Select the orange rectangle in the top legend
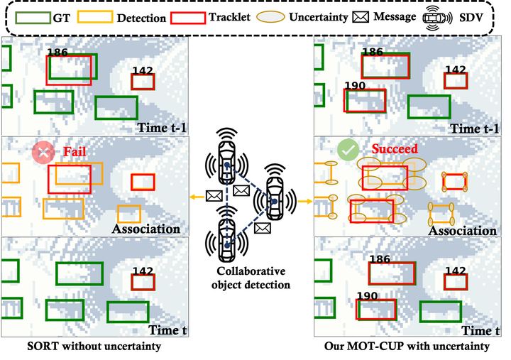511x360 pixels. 94,18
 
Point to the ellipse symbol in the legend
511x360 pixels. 270,16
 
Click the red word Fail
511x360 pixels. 75,151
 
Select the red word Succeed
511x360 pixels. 395,149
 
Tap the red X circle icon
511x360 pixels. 43,152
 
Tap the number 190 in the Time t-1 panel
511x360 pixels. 355,86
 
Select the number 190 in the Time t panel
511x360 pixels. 367,296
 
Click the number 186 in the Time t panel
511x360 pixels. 380,260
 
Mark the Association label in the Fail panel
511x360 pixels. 145,229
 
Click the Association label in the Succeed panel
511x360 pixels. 462,230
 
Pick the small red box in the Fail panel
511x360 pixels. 143,182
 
